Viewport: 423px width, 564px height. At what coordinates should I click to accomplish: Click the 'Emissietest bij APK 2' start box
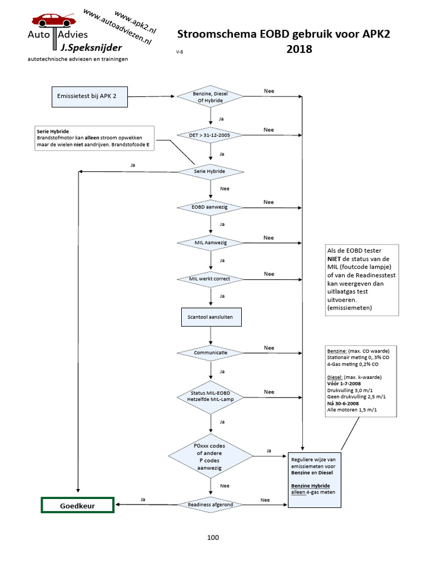coord(90,97)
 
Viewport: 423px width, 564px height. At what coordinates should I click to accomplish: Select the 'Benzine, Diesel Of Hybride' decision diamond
coord(210,97)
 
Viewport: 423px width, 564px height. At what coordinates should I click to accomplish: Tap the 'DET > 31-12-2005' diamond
coord(210,135)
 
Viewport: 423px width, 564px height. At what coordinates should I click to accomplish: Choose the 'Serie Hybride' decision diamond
coord(210,171)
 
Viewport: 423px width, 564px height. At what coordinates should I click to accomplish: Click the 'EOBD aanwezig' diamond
coord(210,207)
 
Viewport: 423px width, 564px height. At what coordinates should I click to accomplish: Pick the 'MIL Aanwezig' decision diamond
coord(210,243)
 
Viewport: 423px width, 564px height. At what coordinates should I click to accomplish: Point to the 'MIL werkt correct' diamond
coord(210,279)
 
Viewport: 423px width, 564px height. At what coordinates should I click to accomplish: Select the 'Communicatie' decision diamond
coord(210,352)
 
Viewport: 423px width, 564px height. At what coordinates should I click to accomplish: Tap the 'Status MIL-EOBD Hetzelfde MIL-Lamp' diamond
coord(210,395)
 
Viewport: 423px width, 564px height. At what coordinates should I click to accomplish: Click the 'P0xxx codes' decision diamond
coord(210,455)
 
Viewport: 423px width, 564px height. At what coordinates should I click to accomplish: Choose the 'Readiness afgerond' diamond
coord(210,504)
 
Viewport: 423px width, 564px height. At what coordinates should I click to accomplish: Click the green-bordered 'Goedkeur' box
coord(78,505)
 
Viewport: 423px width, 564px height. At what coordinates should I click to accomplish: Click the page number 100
coord(213,537)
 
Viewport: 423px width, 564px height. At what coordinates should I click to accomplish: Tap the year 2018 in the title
coord(299,50)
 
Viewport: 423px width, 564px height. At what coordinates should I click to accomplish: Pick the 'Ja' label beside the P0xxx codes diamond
coord(269,451)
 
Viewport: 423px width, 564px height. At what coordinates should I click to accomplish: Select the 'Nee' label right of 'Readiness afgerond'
coord(264,500)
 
